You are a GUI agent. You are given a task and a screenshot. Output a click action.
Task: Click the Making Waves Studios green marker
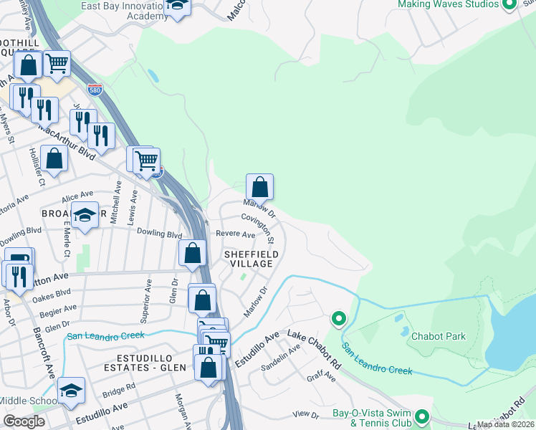click(x=509, y=4)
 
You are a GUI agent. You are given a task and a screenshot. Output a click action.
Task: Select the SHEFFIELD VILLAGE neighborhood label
click(x=249, y=259)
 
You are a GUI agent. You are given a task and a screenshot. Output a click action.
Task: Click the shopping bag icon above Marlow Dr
click(x=259, y=187)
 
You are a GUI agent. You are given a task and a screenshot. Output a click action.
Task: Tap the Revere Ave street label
click(x=238, y=235)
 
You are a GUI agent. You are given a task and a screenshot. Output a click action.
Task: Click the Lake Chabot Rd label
click(x=315, y=345)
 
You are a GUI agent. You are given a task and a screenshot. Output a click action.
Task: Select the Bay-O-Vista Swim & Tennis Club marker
click(x=422, y=416)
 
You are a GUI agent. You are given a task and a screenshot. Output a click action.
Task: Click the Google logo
click(x=24, y=421)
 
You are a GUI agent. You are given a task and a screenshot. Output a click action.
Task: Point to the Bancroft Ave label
click(x=44, y=353)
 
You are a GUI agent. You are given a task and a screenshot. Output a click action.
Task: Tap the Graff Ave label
click(x=321, y=376)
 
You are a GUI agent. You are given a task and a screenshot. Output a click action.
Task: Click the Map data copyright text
click(x=506, y=424)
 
